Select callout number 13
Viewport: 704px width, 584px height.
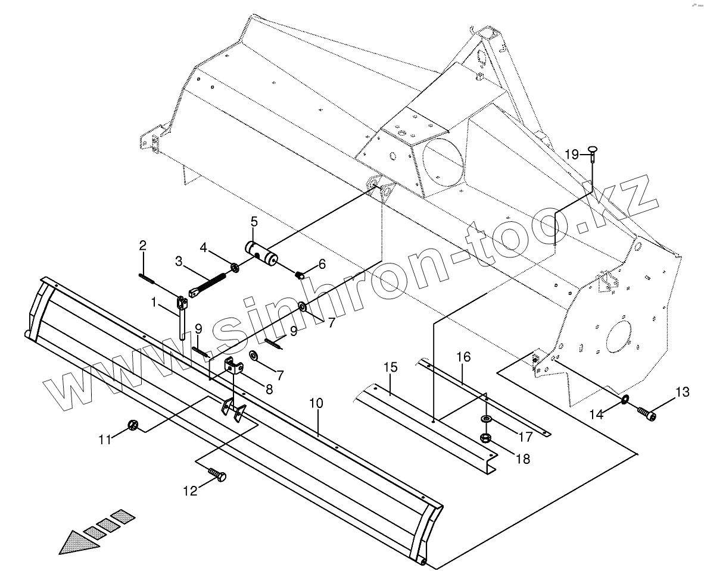pyautogui.click(x=682, y=392)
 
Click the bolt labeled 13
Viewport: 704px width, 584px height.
pyautogui.click(x=646, y=412)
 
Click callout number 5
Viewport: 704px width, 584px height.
pyautogui.click(x=254, y=222)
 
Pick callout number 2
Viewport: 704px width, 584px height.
pyautogui.click(x=143, y=245)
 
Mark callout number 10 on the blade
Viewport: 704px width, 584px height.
pyautogui.click(x=316, y=403)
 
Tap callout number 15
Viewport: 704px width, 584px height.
pyautogui.click(x=390, y=368)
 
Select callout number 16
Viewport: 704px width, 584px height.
pyautogui.click(x=463, y=357)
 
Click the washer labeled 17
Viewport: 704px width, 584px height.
pyautogui.click(x=487, y=420)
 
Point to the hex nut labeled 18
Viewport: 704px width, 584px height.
pyautogui.click(x=485, y=439)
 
